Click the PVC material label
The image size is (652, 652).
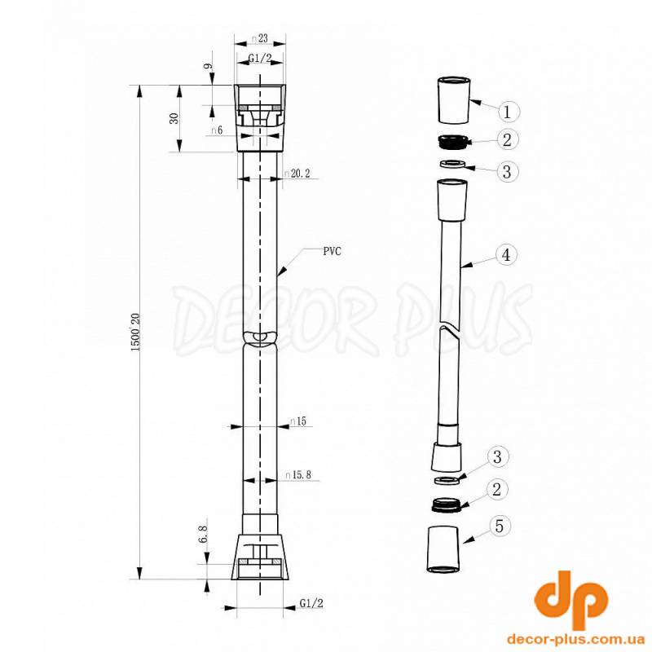pos(333,251)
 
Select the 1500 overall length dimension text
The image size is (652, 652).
pos(135,332)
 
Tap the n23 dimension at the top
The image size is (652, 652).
pos(259,38)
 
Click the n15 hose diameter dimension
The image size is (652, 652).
pos(298,421)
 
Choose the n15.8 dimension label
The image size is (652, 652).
pos(298,474)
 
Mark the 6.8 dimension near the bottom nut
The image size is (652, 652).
pos(203,534)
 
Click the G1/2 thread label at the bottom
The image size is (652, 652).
pos(311,603)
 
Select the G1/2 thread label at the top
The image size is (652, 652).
pos(260,58)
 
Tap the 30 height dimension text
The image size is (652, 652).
pos(174,118)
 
